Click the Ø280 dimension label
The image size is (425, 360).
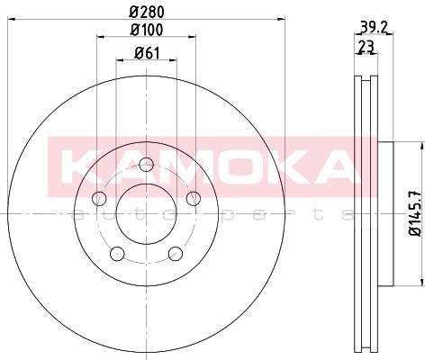tap(147, 13)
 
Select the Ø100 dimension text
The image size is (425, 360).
tap(147, 30)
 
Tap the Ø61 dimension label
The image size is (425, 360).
tap(147, 53)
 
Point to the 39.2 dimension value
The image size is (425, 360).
tap(373, 28)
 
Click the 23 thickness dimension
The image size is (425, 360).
tap(366, 47)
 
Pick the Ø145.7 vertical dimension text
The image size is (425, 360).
tap(415, 213)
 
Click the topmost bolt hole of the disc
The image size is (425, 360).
tap(147, 165)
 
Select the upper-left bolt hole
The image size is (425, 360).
tap(99, 198)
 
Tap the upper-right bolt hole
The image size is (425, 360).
tap(194, 198)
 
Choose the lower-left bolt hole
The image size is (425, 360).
tap(117, 254)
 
